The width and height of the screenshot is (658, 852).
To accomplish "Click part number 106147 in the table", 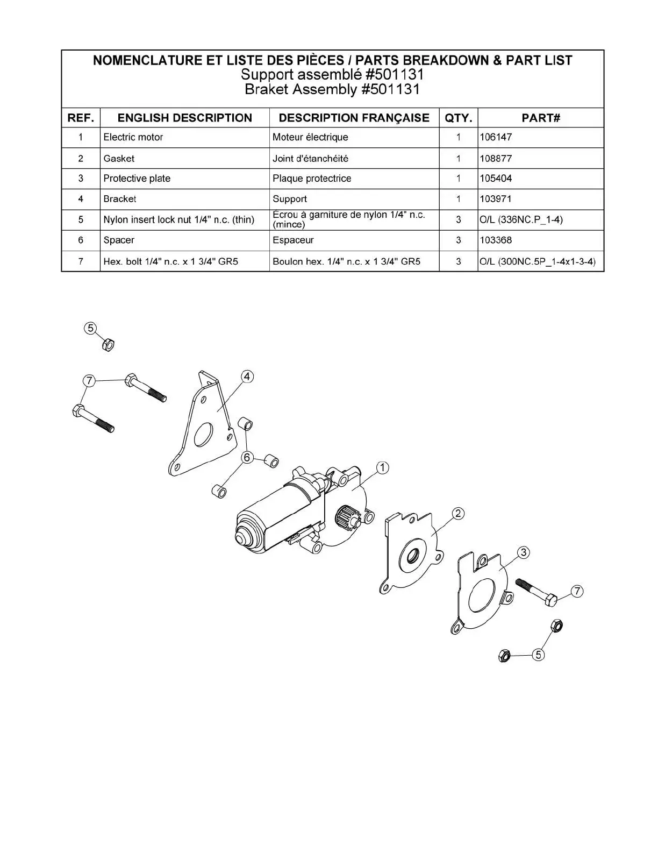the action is [496, 137].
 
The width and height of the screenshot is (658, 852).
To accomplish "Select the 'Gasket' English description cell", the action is [119, 159].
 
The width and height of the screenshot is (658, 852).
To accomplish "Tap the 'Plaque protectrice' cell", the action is [312, 179].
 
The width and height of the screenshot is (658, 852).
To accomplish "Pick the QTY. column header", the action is [458, 118].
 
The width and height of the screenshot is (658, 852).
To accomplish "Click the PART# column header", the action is [541, 118].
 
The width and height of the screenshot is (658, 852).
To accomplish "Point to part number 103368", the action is [496, 240].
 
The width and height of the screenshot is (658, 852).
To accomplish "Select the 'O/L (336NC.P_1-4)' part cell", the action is [521, 219].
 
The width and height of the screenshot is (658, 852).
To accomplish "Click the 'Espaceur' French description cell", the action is [293, 240].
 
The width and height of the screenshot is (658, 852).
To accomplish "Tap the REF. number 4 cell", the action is [81, 199].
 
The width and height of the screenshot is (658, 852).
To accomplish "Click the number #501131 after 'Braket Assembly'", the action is [390, 89].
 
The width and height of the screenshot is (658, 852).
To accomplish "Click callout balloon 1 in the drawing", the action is [383, 468].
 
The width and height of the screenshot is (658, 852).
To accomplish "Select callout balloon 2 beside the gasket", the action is [458, 513].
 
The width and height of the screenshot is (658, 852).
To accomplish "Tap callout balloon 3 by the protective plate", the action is [524, 552].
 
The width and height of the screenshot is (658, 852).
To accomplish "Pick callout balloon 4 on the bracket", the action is [247, 377].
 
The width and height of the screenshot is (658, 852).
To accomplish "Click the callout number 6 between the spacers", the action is [247, 458].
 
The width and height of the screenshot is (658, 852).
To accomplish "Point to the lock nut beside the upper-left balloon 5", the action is [108, 345].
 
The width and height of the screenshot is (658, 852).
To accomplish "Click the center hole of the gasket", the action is [413, 555].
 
